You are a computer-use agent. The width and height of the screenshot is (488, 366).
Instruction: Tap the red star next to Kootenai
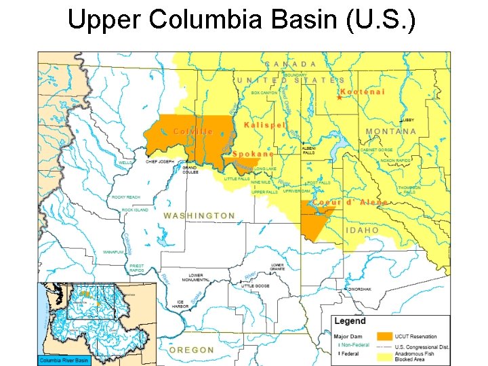tap(339, 97)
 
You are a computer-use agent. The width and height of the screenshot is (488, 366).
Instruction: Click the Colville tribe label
tap(193, 131)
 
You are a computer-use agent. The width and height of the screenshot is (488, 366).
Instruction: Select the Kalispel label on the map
tap(265, 125)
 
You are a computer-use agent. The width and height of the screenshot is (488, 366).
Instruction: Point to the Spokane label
tap(253, 154)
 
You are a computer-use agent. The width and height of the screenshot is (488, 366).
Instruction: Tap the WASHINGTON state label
tap(199, 216)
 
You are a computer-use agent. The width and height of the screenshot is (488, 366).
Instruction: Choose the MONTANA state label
tap(391, 131)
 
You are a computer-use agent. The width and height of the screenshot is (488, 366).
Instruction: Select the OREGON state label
tap(191, 350)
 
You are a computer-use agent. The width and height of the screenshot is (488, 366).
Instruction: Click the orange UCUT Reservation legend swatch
tap(385, 336)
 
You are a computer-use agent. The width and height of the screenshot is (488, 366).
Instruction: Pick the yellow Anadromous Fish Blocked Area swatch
tap(385, 354)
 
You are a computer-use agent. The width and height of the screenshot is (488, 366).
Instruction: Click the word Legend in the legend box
tap(350, 321)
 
